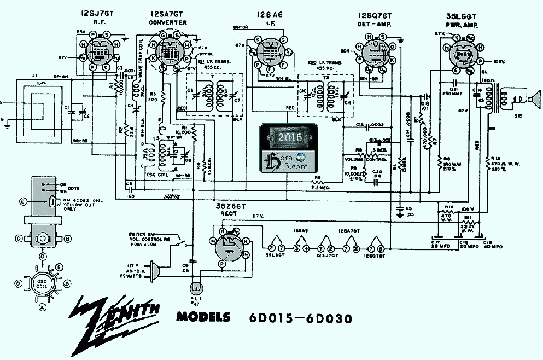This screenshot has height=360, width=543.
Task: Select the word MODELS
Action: [x=203, y=317]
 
